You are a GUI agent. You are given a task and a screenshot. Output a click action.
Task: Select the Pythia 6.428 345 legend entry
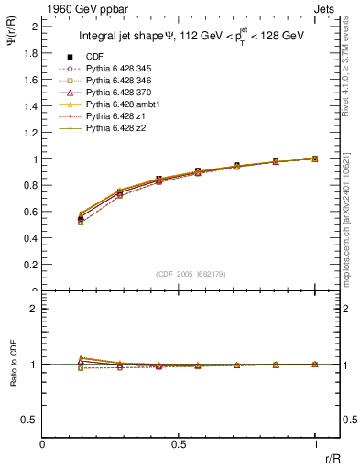click(x=118, y=69)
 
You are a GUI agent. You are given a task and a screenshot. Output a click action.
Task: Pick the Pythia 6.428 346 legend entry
click(x=118, y=81)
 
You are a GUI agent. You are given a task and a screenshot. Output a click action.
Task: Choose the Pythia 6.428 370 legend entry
click(x=118, y=93)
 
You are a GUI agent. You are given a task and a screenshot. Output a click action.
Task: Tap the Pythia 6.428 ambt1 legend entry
click(x=120, y=104)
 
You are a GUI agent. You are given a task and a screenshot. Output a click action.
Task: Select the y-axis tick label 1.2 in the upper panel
click(x=31, y=133)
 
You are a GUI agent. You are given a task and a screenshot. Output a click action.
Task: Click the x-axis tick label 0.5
click(x=179, y=444)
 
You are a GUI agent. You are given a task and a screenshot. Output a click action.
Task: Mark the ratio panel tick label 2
click(x=35, y=309)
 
